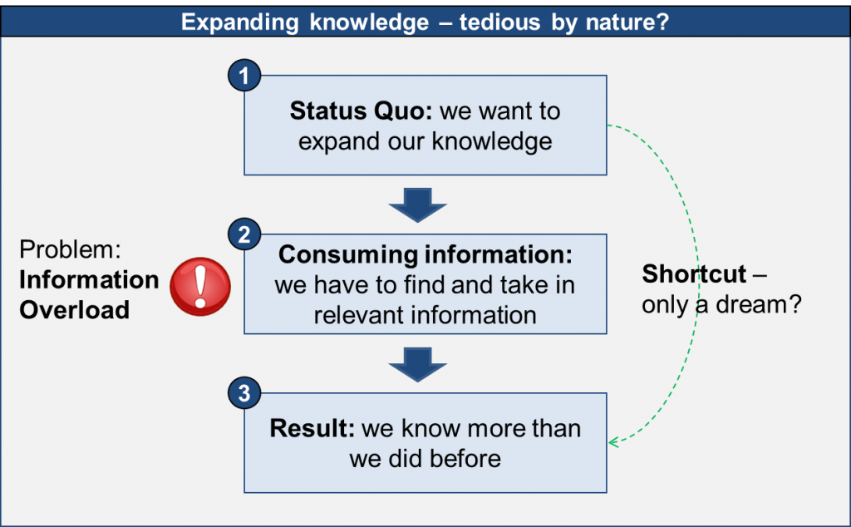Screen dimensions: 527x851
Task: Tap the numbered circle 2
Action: coord(243,235)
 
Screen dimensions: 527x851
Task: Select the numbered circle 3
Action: coord(243,394)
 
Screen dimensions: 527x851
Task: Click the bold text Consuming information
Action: coord(425,254)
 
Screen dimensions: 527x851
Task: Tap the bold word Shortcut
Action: coord(694,273)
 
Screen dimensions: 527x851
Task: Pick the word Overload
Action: coord(75,310)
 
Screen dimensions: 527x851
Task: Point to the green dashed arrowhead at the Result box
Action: coord(613,441)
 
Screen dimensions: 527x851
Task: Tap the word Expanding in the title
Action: coord(239,21)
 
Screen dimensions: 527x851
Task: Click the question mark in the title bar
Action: coord(664,21)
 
